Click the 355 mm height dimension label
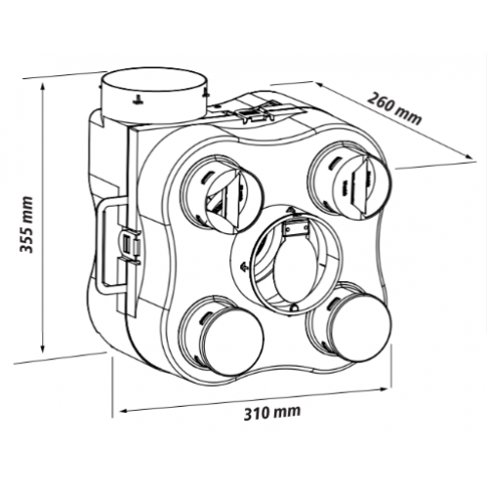[x=26, y=224]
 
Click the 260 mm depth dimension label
[x=394, y=108]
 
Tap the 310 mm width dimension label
[x=272, y=413]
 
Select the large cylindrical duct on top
[x=153, y=96]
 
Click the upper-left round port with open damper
[x=222, y=194]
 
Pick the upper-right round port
[x=349, y=180]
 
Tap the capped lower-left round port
[x=222, y=336]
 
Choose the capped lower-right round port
[x=348, y=322]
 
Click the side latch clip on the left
[x=130, y=246]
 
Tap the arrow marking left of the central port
[x=243, y=266]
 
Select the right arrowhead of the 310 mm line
[x=385, y=388]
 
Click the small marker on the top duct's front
[x=138, y=101]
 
